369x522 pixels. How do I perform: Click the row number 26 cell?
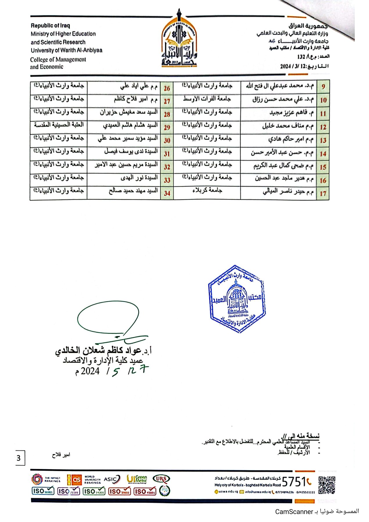click(x=167, y=88)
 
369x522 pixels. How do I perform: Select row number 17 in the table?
click(x=323, y=193)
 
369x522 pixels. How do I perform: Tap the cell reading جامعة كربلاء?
click(x=207, y=191)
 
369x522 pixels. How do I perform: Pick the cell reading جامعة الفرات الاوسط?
click(x=207, y=99)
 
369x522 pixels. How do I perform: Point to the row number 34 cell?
click(x=167, y=193)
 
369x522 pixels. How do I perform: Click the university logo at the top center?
click(x=179, y=41)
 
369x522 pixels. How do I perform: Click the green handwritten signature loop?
click(x=108, y=318)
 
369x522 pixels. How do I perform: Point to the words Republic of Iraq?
click(x=50, y=26)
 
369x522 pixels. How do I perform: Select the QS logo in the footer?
click(x=75, y=480)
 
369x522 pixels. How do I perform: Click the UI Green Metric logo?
click(x=137, y=479)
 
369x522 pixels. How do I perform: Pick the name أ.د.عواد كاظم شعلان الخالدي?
click(x=103, y=350)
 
